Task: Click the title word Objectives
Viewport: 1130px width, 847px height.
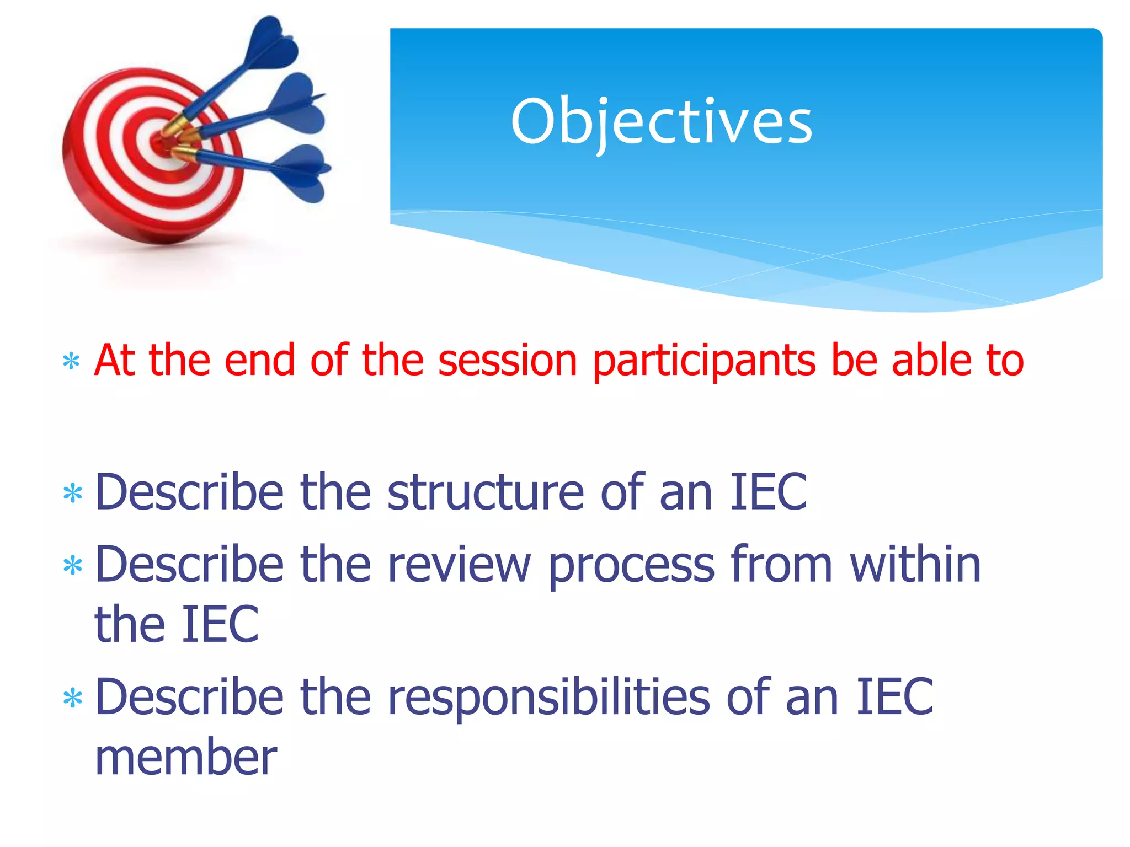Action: click(661, 122)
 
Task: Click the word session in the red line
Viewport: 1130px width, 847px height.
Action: click(507, 361)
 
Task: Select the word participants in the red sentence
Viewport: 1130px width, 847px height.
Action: click(703, 362)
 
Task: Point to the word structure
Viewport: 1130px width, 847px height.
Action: click(485, 492)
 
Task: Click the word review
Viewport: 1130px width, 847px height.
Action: click(459, 565)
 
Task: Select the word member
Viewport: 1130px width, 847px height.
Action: click(185, 758)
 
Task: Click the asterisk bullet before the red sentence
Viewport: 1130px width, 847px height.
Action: click(71, 362)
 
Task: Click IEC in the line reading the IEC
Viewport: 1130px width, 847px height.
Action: click(220, 625)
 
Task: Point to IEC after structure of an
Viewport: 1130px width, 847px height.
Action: click(768, 492)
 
